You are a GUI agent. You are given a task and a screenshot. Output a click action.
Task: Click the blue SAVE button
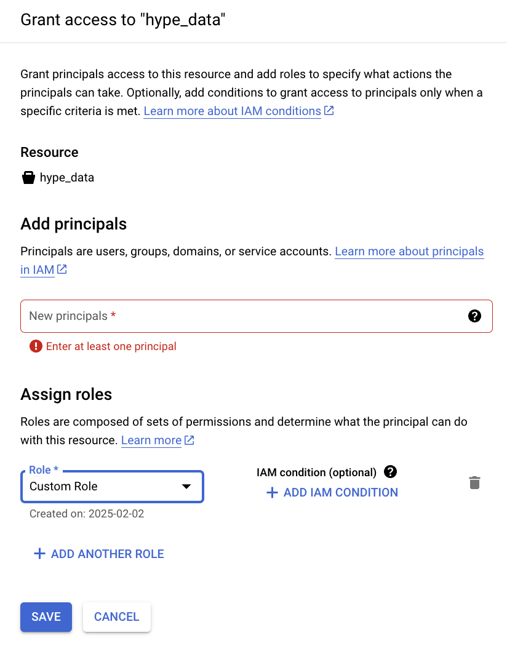coord(46,616)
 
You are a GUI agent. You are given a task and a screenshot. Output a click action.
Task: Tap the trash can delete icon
coord(474,483)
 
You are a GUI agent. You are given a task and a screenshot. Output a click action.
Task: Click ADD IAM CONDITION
coord(332,493)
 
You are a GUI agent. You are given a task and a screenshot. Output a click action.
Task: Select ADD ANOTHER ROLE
coord(99,554)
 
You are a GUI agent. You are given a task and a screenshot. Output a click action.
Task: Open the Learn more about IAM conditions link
coord(233,111)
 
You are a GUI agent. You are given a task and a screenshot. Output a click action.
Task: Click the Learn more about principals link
coord(409,252)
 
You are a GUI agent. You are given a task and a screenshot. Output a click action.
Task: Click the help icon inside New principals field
coord(474,316)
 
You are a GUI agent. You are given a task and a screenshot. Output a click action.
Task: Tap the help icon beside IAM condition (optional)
coord(390,472)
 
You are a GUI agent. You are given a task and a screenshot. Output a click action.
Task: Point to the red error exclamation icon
coord(36,346)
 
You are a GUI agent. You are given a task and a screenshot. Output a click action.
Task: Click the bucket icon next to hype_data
coord(28,178)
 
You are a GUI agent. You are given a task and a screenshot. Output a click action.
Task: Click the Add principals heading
coord(74,224)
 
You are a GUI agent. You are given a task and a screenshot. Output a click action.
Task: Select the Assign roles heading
coord(66,394)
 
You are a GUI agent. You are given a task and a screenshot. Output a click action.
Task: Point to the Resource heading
coord(49,153)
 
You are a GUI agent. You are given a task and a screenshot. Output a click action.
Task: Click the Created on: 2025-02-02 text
coord(87,514)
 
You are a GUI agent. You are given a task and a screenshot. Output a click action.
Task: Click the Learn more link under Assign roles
coord(151,441)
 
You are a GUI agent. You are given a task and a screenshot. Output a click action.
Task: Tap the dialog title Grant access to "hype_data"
coord(123,20)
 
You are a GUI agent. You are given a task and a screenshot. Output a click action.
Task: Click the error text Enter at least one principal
coord(111,346)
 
